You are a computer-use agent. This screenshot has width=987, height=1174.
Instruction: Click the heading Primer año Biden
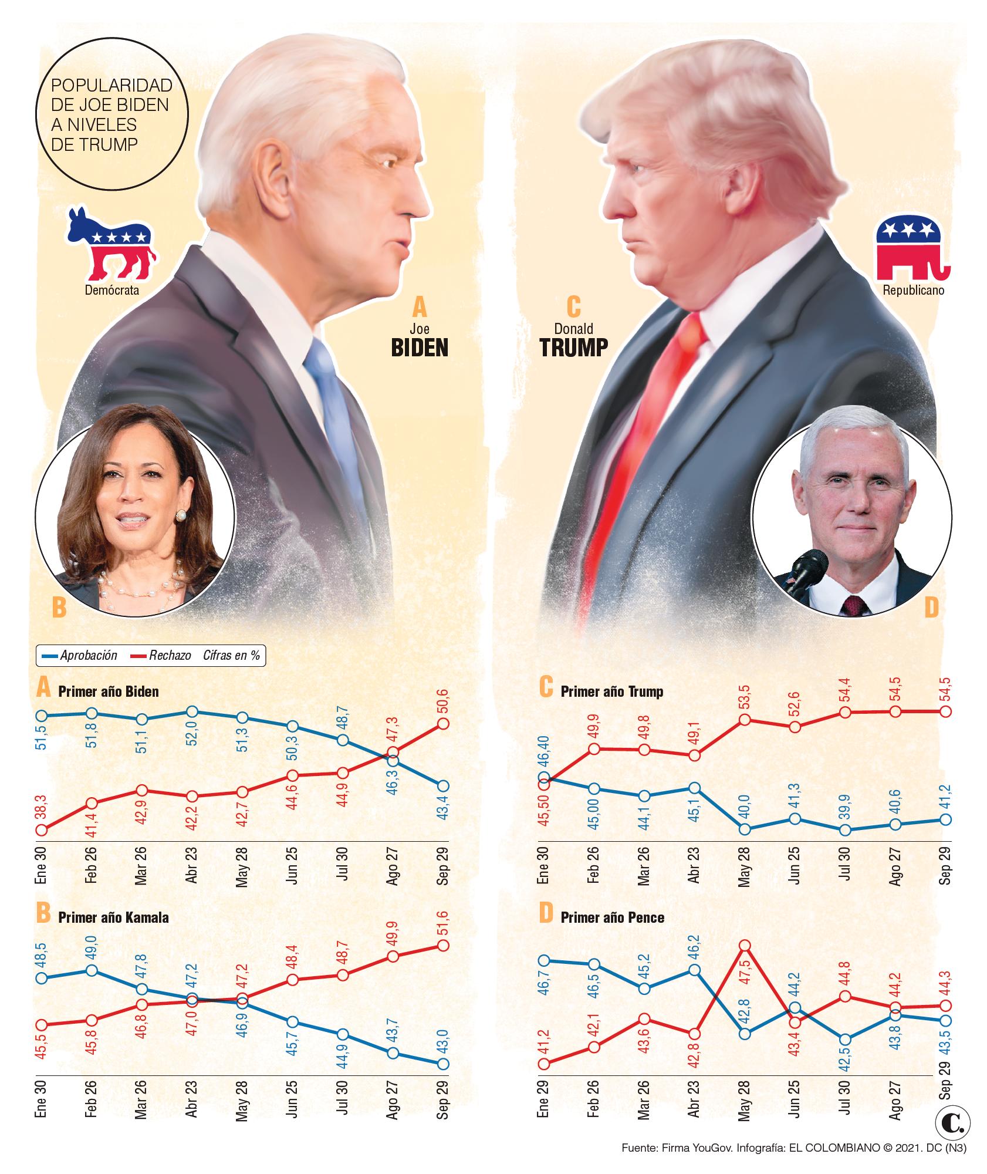(x=109, y=691)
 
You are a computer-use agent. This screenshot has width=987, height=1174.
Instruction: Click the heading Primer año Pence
(x=612, y=917)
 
